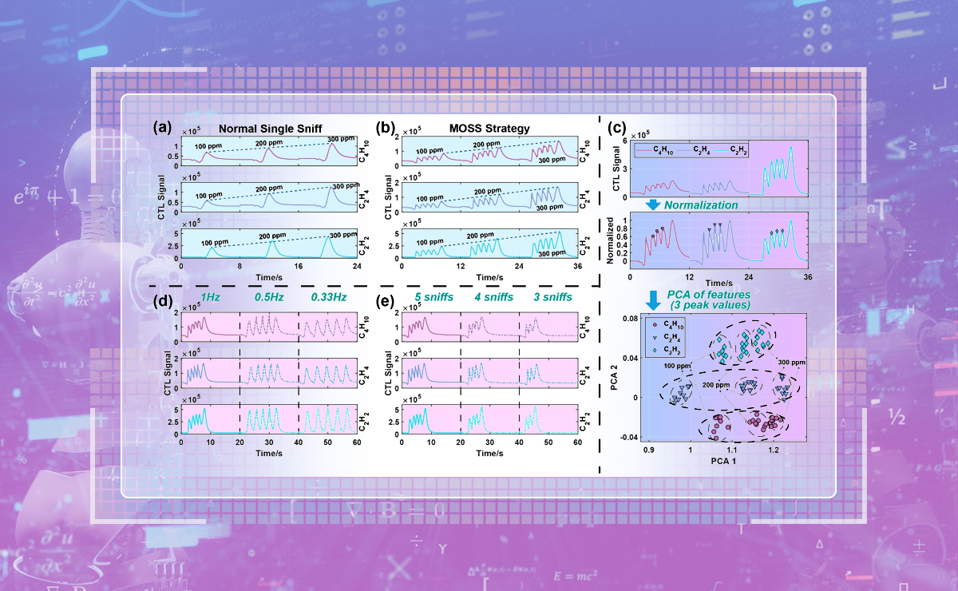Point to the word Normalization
[x=700, y=205]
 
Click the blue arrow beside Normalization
[x=653, y=204]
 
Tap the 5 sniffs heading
[x=432, y=297]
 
